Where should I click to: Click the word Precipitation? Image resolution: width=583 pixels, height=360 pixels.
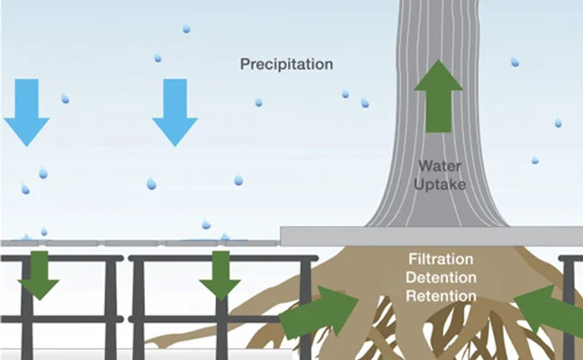tap(286, 65)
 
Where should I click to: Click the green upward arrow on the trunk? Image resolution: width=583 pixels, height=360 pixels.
tap(438, 94)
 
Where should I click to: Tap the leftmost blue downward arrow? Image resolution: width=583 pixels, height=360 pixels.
tap(28, 111)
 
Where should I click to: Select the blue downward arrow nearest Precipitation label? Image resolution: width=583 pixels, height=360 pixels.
tap(175, 111)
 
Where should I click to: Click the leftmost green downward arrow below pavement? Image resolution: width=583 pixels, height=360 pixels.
tap(39, 274)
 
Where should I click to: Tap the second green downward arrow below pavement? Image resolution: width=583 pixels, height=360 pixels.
tap(220, 274)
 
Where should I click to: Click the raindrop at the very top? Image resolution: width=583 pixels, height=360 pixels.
tap(186, 29)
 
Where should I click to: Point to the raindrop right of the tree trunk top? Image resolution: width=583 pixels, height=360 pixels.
tap(515, 62)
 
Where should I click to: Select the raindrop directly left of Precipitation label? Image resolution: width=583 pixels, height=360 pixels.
tap(157, 58)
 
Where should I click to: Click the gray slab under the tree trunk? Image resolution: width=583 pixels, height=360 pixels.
tap(432, 236)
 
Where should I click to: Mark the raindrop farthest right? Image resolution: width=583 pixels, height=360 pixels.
tap(558, 122)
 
